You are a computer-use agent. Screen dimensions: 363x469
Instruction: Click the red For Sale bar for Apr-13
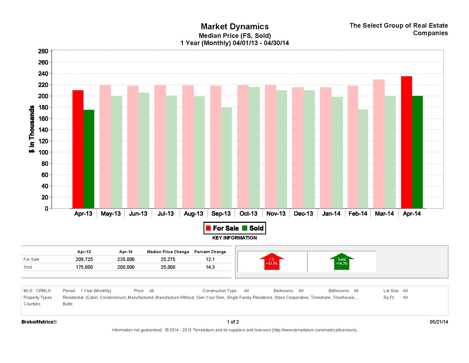click(x=78, y=149)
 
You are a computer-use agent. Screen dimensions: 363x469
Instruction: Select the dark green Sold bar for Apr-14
click(x=417, y=152)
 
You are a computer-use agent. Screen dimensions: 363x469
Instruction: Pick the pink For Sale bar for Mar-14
click(x=379, y=144)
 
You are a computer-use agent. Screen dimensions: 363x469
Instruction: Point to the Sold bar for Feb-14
click(x=363, y=159)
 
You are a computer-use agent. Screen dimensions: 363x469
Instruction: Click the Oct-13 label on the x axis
click(x=248, y=214)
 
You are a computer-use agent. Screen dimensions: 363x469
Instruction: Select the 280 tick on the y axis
click(x=43, y=51)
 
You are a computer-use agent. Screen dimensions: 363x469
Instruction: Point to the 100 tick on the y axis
click(x=43, y=152)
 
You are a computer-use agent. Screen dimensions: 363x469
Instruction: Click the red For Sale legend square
click(x=208, y=228)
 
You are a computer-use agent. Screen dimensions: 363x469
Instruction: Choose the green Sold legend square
click(x=245, y=228)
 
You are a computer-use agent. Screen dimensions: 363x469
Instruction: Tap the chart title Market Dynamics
click(x=235, y=27)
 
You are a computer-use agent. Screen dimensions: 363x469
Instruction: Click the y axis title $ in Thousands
click(x=32, y=129)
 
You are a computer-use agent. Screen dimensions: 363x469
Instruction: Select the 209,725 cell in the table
click(x=84, y=259)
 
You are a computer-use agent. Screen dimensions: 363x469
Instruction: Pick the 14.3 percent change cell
click(x=210, y=267)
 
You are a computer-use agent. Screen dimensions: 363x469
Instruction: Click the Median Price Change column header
click(x=168, y=252)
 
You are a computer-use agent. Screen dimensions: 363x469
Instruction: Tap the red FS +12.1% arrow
click(x=272, y=262)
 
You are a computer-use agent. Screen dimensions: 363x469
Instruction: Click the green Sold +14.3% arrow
click(x=341, y=262)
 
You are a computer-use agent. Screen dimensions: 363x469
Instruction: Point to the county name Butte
click(x=68, y=304)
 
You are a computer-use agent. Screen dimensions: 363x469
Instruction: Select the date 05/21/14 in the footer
click(x=439, y=322)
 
